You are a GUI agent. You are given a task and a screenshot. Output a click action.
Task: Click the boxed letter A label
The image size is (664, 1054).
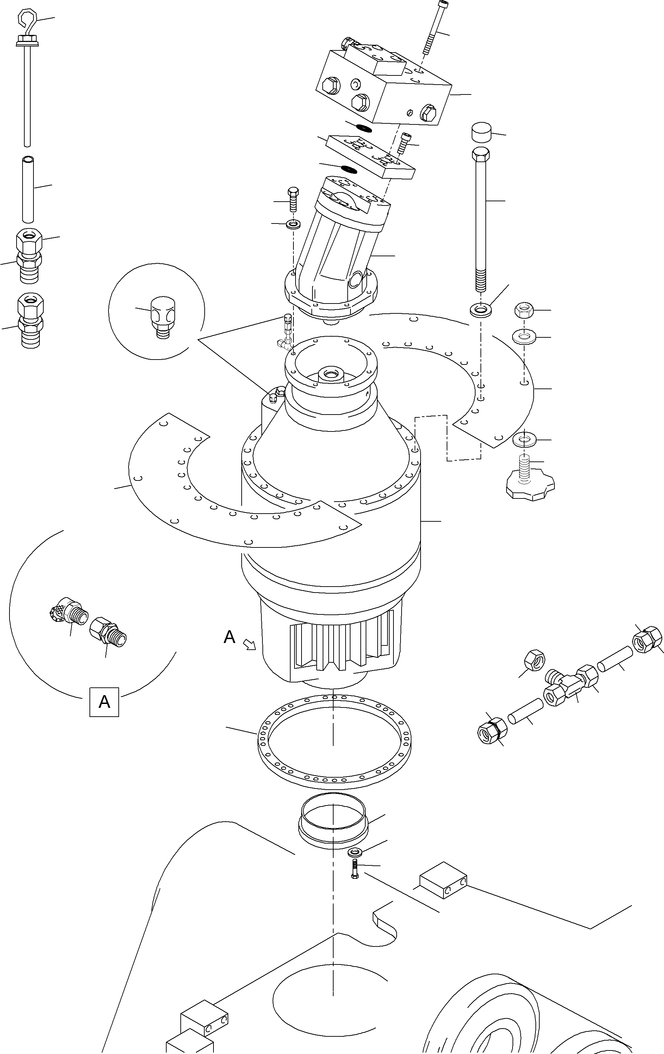(104, 702)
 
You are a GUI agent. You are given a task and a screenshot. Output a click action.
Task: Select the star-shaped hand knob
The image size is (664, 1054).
(530, 485)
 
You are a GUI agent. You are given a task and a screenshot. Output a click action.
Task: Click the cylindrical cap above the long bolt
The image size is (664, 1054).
(481, 133)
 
